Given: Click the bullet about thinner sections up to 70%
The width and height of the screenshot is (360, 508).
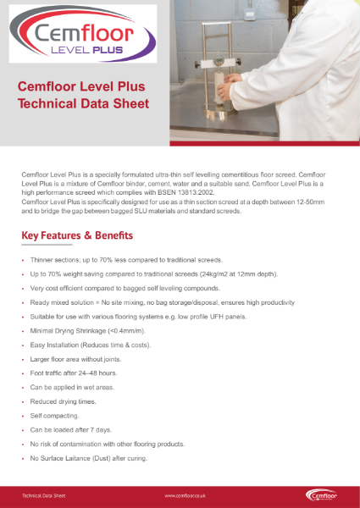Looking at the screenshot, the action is coord(126,260).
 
